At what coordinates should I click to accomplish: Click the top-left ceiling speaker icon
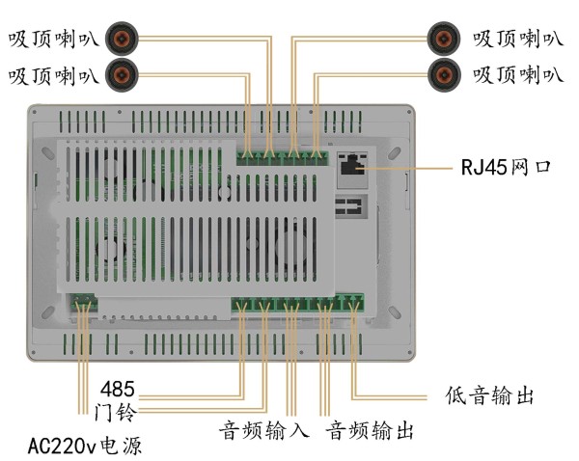[x=124, y=39]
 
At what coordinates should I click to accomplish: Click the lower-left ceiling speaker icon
[x=124, y=72]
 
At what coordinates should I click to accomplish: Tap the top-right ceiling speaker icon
[x=444, y=39]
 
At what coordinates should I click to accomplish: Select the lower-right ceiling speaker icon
[x=444, y=72]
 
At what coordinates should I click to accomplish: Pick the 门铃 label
[x=116, y=414]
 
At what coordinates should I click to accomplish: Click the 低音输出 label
[x=490, y=395]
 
